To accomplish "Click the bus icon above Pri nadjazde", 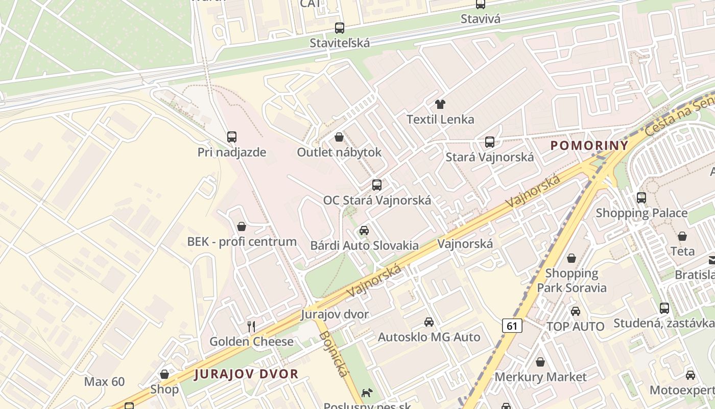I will [x=232, y=137].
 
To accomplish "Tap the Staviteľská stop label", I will [x=340, y=43].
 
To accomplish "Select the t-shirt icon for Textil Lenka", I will [x=440, y=104].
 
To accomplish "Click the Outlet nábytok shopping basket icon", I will [x=339, y=137].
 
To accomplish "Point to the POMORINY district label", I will [x=589, y=146].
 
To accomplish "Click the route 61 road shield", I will [x=512, y=326].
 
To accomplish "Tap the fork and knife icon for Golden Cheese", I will [x=251, y=326].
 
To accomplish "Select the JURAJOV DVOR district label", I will [x=246, y=374].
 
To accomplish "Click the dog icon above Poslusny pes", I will [x=367, y=393].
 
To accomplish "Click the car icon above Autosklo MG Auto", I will [x=429, y=322].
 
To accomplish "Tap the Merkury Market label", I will [x=540, y=377].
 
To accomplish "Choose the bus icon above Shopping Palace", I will [x=641, y=197].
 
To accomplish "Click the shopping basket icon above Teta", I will [x=682, y=236].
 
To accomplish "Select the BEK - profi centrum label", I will [x=242, y=242].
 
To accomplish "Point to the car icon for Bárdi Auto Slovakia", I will [x=364, y=231].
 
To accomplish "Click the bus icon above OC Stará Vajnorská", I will [x=377, y=185].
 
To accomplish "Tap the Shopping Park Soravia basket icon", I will [x=571, y=258].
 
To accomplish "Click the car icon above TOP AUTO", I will [x=576, y=311].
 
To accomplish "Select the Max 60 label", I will [x=104, y=381].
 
